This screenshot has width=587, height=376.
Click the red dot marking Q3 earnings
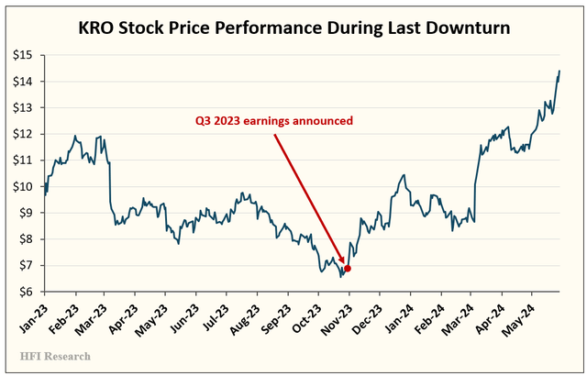347,268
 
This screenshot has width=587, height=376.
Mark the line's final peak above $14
559,72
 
